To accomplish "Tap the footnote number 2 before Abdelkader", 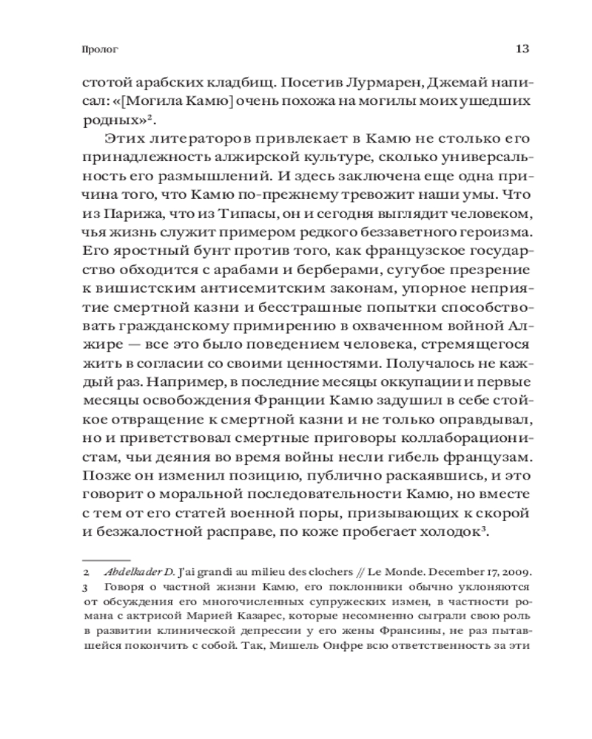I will click(x=86, y=573).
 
